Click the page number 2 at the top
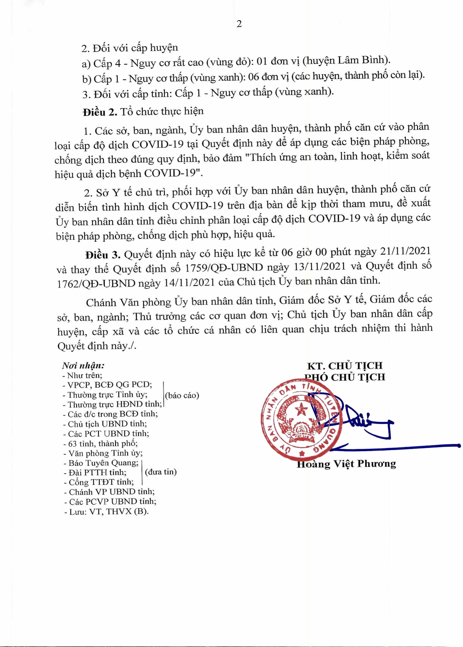pos(239,24)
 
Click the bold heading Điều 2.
pos(100,112)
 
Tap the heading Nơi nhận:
pos(83,365)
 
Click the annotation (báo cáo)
pos(182,395)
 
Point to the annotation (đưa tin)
pos(161,472)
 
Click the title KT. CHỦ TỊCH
pos(345,366)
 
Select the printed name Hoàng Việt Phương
pos(346,464)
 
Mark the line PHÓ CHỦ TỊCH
pos(345,377)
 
